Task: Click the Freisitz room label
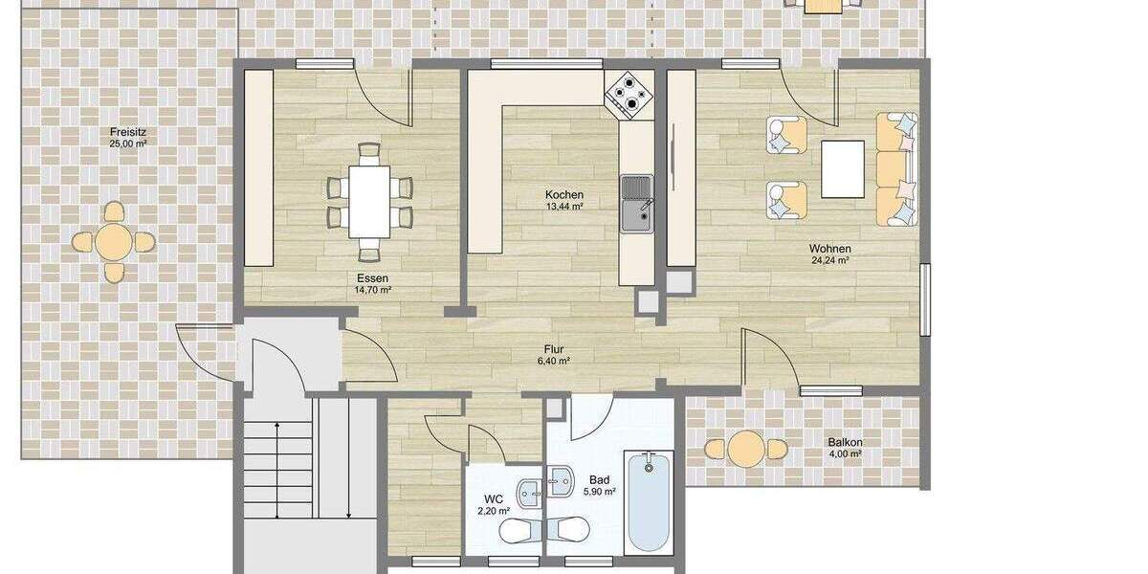[x=127, y=132]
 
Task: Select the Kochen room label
[x=564, y=194]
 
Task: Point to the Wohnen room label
[x=829, y=248]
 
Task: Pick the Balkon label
[x=846, y=442]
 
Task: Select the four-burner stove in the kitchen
[x=629, y=94]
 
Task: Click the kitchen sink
[x=635, y=204]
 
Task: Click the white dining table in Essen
[x=369, y=201]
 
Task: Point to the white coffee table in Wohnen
[x=843, y=169]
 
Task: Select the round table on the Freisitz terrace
[x=114, y=242]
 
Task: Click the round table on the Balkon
[x=745, y=448]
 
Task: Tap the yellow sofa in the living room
[x=896, y=169]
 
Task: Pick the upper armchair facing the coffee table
[x=785, y=135]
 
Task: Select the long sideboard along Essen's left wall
[x=259, y=167]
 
